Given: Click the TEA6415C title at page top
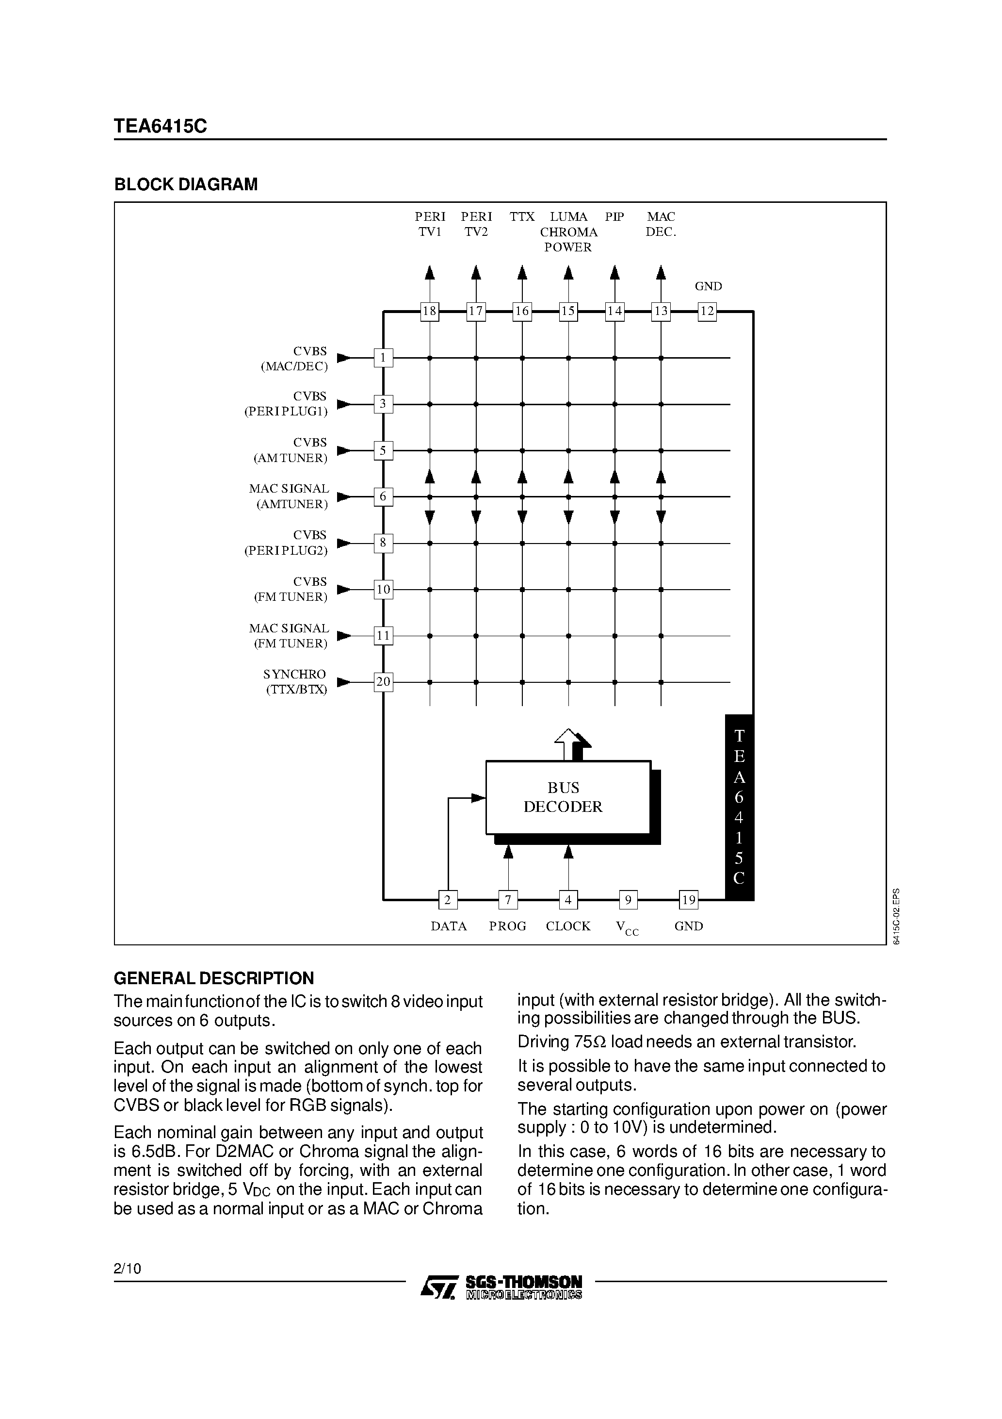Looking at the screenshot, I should pyautogui.click(x=160, y=126).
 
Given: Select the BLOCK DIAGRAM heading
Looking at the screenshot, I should pyautogui.click(x=186, y=184).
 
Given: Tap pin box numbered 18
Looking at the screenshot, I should pyautogui.click(x=429, y=311).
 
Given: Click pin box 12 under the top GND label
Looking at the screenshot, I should pyautogui.click(x=707, y=311).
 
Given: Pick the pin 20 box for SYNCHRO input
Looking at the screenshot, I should pyautogui.click(x=383, y=682).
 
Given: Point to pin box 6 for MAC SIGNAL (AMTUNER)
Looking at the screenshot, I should pyautogui.click(x=383, y=496).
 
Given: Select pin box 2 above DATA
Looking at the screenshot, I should pyautogui.click(x=448, y=900).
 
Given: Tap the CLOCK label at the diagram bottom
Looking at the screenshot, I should pyautogui.click(x=568, y=926).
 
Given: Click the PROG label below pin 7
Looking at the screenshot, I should pyautogui.click(x=507, y=926).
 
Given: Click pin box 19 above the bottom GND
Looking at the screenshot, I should pyautogui.click(x=688, y=900).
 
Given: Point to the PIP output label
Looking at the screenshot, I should pyautogui.click(x=614, y=217).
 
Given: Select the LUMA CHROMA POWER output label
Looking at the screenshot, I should pyautogui.click(x=568, y=232).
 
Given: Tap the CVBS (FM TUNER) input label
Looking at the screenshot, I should pyautogui.click(x=291, y=589).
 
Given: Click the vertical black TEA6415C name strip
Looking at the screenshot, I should pyautogui.click(x=739, y=807).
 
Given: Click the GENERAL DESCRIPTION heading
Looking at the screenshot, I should pyautogui.click(x=214, y=978).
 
